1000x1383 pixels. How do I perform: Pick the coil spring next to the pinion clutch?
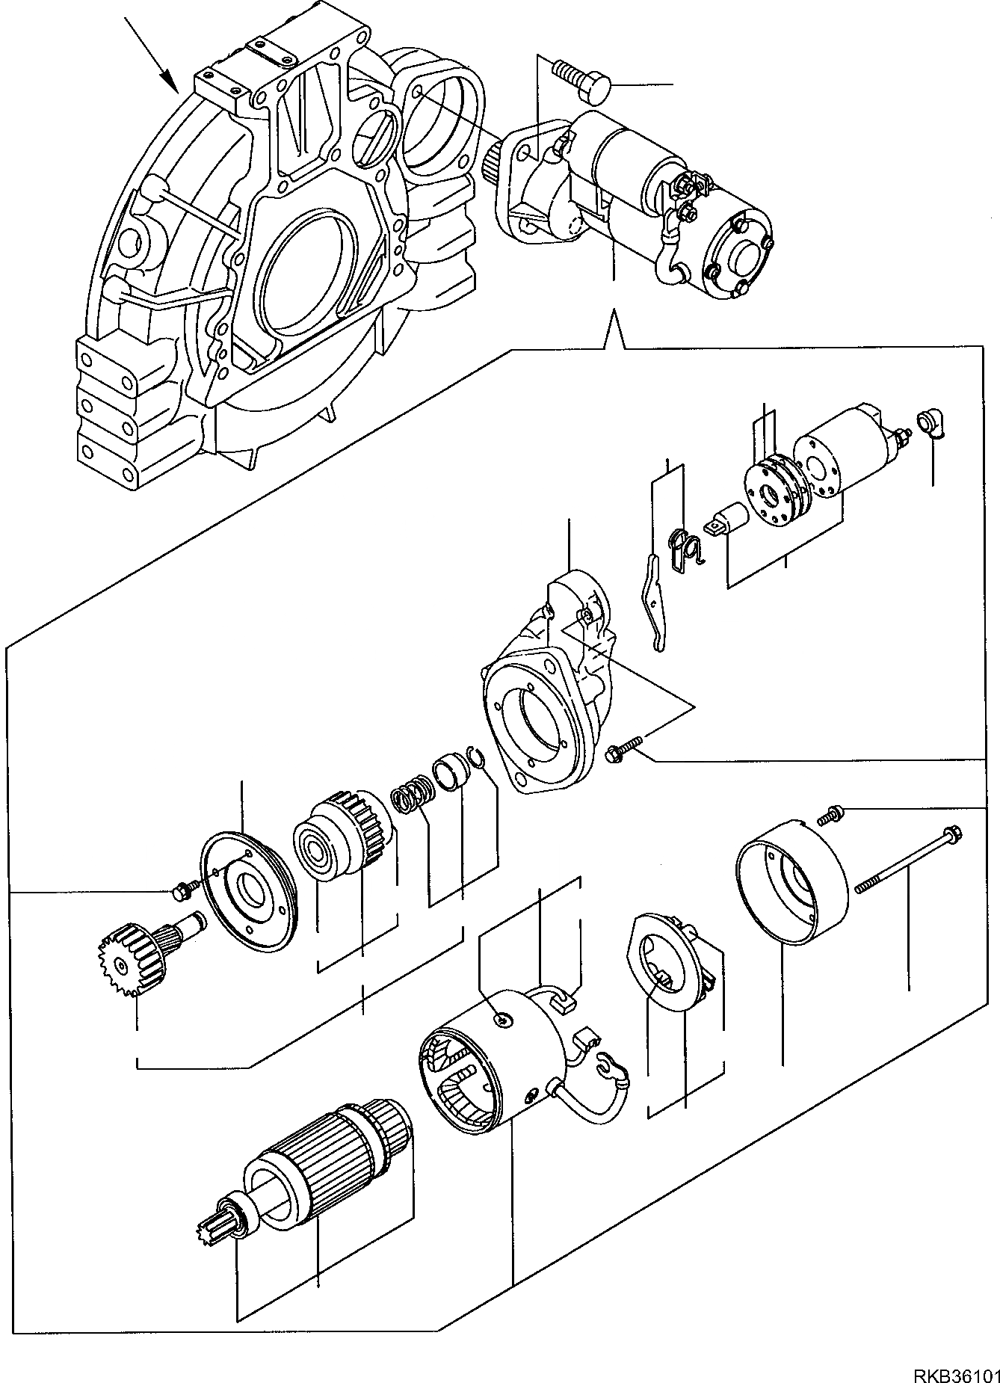(412, 798)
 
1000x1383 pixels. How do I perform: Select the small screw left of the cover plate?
(182, 890)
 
